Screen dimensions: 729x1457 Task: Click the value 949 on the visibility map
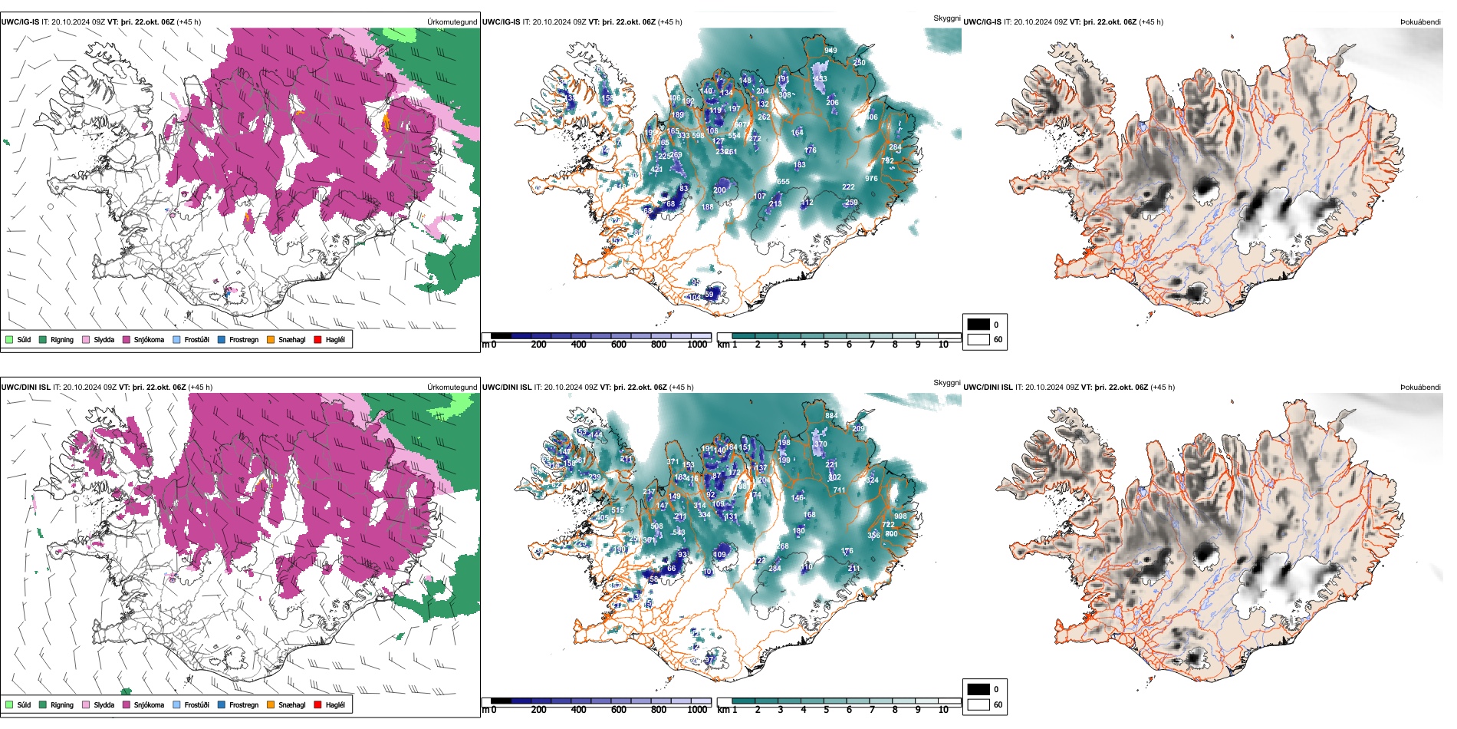point(830,51)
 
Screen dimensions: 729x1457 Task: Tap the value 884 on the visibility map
point(831,416)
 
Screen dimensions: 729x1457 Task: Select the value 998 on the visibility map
point(900,516)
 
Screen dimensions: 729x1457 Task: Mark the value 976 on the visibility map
point(871,179)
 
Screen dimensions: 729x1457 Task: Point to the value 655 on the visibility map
point(783,182)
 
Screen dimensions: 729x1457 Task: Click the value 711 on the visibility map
point(839,490)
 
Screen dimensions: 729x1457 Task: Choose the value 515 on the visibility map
point(617,510)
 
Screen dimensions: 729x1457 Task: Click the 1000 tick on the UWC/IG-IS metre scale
point(697,345)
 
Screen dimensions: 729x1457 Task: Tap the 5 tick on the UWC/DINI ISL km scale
point(826,710)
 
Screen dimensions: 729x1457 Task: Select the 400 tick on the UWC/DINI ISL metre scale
point(578,710)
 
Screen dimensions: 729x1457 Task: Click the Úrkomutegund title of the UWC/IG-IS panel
point(452,22)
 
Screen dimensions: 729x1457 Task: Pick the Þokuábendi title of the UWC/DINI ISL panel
point(1420,388)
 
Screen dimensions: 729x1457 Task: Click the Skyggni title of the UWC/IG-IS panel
point(946,18)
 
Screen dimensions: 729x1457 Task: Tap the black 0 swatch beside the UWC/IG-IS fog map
point(978,325)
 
